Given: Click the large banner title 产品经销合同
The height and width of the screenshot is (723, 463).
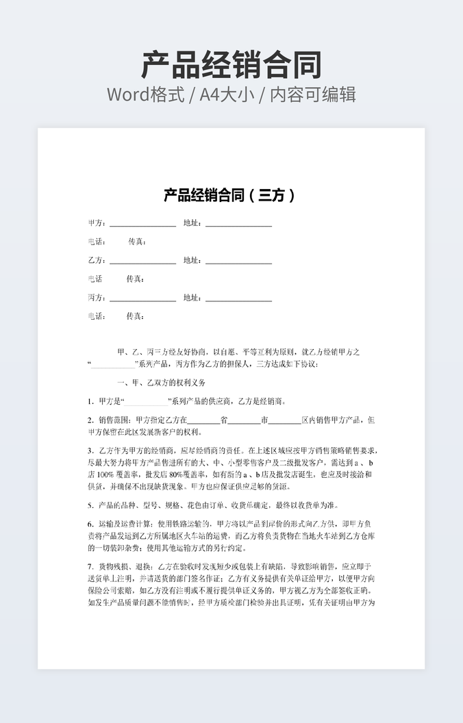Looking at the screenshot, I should pos(231,64).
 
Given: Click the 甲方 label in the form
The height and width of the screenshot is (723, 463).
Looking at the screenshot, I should pos(97,223).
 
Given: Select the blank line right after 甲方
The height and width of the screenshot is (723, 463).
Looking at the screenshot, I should pos(142,224).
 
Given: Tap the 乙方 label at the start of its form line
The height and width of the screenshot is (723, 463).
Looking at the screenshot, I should pos(97,260).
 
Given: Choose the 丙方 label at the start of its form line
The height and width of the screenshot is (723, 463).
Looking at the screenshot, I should pos(97,298).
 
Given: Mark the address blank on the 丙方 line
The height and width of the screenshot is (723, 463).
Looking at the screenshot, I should pos(238,299).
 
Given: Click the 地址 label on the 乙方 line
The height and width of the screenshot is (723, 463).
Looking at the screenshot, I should pos(192,260).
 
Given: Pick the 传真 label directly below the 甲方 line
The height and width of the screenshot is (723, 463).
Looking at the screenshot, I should pos(137,242).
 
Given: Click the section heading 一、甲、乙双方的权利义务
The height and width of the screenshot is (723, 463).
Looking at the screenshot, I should pos(161,383).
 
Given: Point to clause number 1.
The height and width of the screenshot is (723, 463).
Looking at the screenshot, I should pos(90,401).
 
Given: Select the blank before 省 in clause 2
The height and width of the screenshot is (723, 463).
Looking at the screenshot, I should pos(203,420).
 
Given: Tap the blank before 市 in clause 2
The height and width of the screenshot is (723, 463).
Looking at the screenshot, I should pos(244,420).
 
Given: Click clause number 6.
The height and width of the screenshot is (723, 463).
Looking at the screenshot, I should pos(90,524).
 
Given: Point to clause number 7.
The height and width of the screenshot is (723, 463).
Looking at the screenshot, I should pos(90,567).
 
